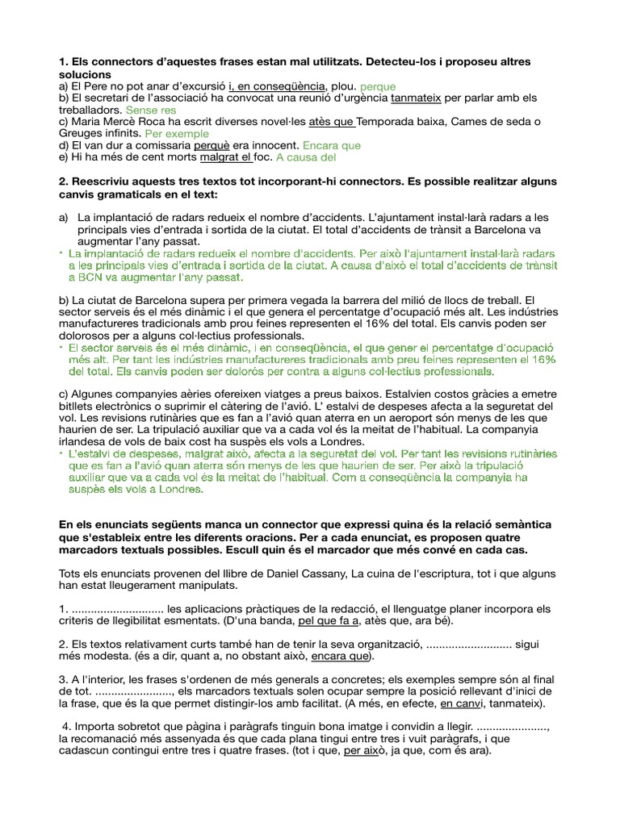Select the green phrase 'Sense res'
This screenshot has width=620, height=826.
[151, 109]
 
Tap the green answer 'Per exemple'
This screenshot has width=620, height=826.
[177, 133]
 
